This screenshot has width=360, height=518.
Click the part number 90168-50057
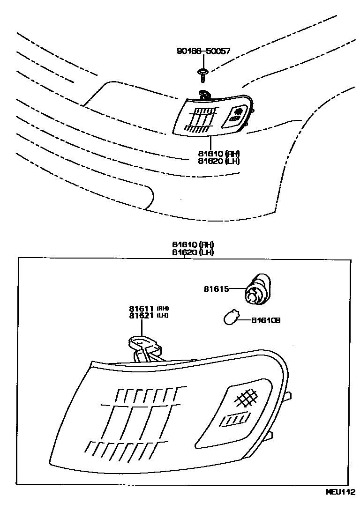click(203, 51)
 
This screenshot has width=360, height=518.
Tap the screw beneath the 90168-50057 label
click(203, 73)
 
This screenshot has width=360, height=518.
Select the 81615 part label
click(216, 289)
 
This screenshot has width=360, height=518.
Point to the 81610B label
click(265, 320)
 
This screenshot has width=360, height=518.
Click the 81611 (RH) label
click(149, 308)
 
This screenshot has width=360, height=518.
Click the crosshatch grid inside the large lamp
click(247, 398)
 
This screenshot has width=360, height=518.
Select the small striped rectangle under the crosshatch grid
click(232, 420)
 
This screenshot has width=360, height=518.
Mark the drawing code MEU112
click(341, 505)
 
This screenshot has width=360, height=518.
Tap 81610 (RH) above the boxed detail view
click(193, 244)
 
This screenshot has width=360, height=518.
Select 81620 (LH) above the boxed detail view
click(193, 252)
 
